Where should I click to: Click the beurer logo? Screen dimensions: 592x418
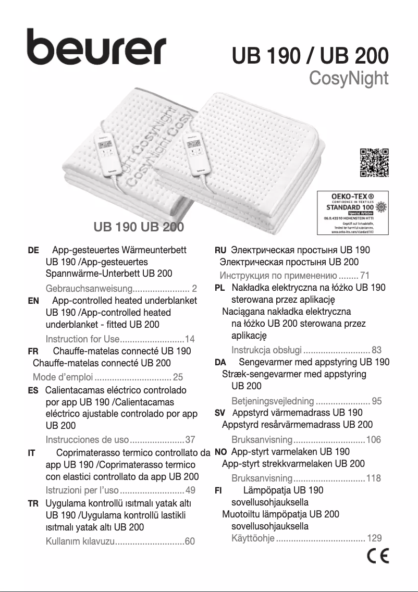click(96, 46)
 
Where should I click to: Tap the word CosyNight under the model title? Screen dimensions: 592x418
click(349, 78)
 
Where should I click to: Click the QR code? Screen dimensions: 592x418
click(374, 163)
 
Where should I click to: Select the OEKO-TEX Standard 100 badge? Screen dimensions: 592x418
click(353, 213)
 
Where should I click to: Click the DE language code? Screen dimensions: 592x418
click(33, 251)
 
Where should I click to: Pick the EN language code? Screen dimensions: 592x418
click(33, 301)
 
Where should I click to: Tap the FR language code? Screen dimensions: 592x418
click(33, 351)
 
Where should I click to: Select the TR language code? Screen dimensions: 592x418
click(33, 504)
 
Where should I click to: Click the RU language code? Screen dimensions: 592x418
click(220, 251)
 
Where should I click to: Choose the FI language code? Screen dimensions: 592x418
click(219, 490)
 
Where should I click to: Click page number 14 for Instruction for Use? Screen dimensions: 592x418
click(190, 339)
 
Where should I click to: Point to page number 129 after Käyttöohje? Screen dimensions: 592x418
click(374, 538)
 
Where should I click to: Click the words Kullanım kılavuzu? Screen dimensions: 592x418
click(80, 542)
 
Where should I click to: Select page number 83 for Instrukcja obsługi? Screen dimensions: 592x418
click(377, 350)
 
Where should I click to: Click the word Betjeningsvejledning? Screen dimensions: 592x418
click(273, 401)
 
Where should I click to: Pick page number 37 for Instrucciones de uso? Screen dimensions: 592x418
click(190, 439)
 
